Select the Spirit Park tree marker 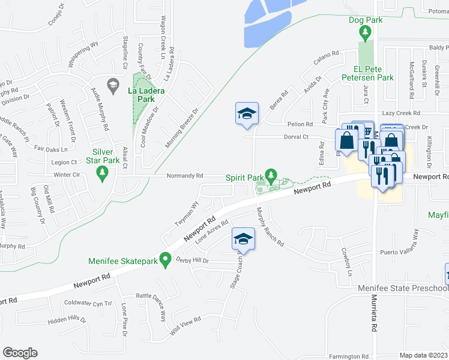(x=271, y=176)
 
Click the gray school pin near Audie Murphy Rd (x=112, y=85)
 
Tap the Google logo (x=20, y=353)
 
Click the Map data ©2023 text (x=423, y=355)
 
